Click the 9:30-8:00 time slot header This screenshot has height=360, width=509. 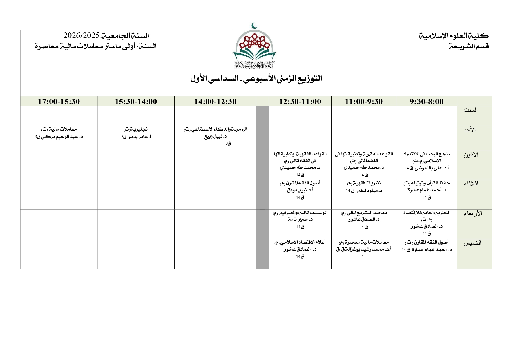click(426, 102)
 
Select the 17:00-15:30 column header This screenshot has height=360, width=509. click(59, 102)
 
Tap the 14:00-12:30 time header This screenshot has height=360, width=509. click(215, 102)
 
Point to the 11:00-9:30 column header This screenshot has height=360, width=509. click(363, 102)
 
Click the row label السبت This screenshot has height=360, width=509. click(470, 110)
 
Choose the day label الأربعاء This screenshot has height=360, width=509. click(473, 214)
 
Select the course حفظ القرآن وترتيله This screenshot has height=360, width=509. click(426, 183)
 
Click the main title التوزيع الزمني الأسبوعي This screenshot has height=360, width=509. click(256, 79)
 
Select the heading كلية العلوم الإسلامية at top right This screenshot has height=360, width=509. click(454, 36)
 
